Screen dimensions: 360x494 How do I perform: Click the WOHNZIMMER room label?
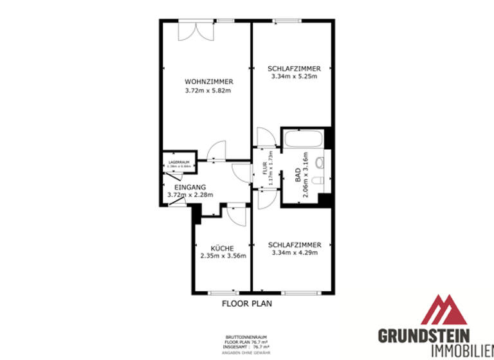tap(208, 82)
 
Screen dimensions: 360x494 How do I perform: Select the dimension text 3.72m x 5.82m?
tap(208, 91)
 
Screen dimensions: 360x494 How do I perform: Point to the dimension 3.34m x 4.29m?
tap(294, 253)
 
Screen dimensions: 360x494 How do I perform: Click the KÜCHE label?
tap(222, 248)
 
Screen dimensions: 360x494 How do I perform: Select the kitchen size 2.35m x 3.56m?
tap(222, 256)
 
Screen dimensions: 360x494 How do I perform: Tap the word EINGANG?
tap(190, 186)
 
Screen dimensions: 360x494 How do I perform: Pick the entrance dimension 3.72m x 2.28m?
tap(190, 195)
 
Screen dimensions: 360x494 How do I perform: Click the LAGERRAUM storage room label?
tap(179, 162)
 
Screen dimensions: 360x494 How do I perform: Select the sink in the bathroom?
tap(321, 161)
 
